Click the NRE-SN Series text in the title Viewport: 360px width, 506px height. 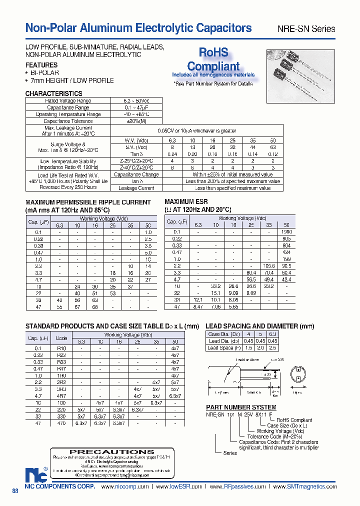tap(306, 28)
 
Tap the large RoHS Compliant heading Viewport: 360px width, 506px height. tap(213, 59)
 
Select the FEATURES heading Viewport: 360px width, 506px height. tap(41, 65)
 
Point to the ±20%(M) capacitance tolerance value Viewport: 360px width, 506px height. tap(136, 121)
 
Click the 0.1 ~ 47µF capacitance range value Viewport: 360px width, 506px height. tap(136, 107)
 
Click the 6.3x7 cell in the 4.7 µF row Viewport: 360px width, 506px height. tap(175, 395)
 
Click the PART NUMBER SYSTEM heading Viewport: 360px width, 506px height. tap(241, 407)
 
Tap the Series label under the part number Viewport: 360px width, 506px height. tap(230, 453)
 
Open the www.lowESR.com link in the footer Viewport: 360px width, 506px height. tap(178, 486)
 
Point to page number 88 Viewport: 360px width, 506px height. tap(15, 491)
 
